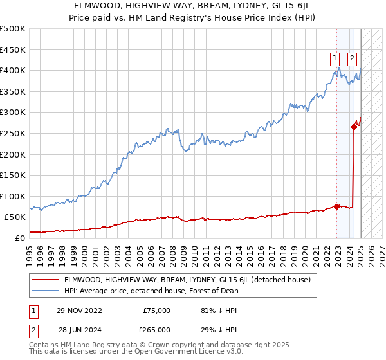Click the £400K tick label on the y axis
pyautogui.click(x=13, y=70)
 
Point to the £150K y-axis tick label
pyautogui.click(x=13, y=175)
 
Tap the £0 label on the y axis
pyautogui.click(x=20, y=238)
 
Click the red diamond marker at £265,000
pyautogui.click(x=354, y=127)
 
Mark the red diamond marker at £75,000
pyautogui.click(x=336, y=206)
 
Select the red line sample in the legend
pyautogui.click(x=46, y=280)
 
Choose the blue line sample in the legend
pyautogui.click(x=46, y=291)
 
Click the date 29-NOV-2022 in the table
pyautogui.click(x=79, y=310)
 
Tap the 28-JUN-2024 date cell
pyautogui.click(x=79, y=329)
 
